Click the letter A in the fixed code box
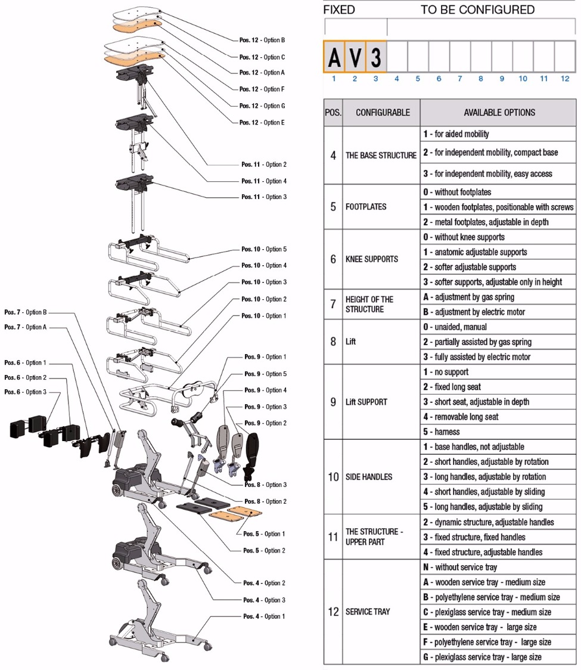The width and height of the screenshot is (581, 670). click(334, 57)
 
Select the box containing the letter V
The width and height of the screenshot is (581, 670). click(355, 57)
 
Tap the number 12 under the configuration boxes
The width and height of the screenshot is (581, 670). click(564, 79)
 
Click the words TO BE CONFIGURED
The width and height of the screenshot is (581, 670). click(477, 10)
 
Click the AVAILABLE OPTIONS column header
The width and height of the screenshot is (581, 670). click(499, 112)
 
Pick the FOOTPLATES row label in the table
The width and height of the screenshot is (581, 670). click(366, 207)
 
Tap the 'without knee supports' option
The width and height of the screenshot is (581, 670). click(464, 237)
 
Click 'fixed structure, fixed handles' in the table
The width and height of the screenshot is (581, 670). click(474, 537)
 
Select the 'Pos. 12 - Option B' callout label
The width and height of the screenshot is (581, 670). click(262, 41)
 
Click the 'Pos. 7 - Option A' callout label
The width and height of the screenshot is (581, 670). click(25, 327)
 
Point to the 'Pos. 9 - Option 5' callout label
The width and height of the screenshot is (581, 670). click(265, 374)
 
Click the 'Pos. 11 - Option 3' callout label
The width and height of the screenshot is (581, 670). click(264, 197)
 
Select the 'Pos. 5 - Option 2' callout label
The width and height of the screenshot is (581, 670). click(264, 550)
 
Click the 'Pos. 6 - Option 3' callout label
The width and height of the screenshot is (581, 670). click(25, 392)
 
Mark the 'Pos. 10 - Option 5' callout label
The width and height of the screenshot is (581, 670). click(264, 249)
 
